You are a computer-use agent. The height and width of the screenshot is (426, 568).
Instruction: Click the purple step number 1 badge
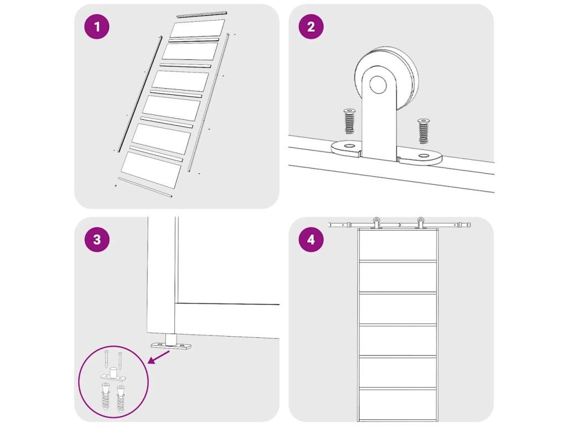(97, 27)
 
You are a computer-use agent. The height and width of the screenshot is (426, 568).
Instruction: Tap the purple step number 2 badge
(311, 27)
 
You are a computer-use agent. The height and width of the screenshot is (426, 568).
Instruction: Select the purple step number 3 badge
(97, 240)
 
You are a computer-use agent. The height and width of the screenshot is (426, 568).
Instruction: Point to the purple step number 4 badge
(311, 240)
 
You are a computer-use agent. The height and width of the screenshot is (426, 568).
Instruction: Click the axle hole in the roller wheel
(378, 85)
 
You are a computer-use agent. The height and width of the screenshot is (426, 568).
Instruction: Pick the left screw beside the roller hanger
(349, 121)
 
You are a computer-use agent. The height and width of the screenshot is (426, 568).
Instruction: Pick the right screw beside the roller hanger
(423, 130)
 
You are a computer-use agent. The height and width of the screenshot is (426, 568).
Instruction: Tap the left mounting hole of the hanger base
(349, 146)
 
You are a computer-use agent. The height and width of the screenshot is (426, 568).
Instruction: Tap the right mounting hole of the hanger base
(423, 156)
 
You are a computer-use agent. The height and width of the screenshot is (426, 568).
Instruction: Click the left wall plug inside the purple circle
(105, 397)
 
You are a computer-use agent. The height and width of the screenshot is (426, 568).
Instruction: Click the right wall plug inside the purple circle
(120, 398)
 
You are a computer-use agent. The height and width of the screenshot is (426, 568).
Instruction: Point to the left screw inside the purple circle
(106, 359)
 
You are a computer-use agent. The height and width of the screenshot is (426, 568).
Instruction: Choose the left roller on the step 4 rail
(377, 223)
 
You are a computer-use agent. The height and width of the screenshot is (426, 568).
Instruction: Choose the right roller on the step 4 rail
(420, 223)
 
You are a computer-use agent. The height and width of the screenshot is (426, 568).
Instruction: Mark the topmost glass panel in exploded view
(197, 28)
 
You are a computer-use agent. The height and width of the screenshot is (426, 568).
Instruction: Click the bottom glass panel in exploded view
(151, 170)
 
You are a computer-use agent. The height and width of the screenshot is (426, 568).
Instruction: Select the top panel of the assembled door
(397, 245)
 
